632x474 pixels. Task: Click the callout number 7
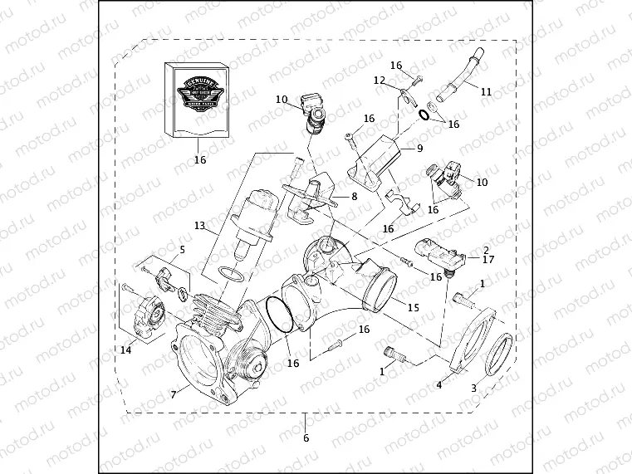pyautogui.click(x=173, y=394)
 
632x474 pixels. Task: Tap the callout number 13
pyautogui.click(x=199, y=226)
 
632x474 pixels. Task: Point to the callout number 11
pyautogui.click(x=486, y=93)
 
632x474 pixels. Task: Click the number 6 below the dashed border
pyautogui.click(x=306, y=437)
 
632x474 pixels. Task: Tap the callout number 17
pyautogui.click(x=487, y=259)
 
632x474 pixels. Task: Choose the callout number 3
pyautogui.click(x=474, y=388)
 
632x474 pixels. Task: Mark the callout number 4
pyautogui.click(x=439, y=384)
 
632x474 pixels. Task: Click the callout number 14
pyautogui.click(x=125, y=350)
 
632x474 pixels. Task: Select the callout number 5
pyautogui.click(x=183, y=248)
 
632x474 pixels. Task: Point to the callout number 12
pyautogui.click(x=379, y=81)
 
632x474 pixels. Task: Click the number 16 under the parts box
pyautogui.click(x=200, y=160)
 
